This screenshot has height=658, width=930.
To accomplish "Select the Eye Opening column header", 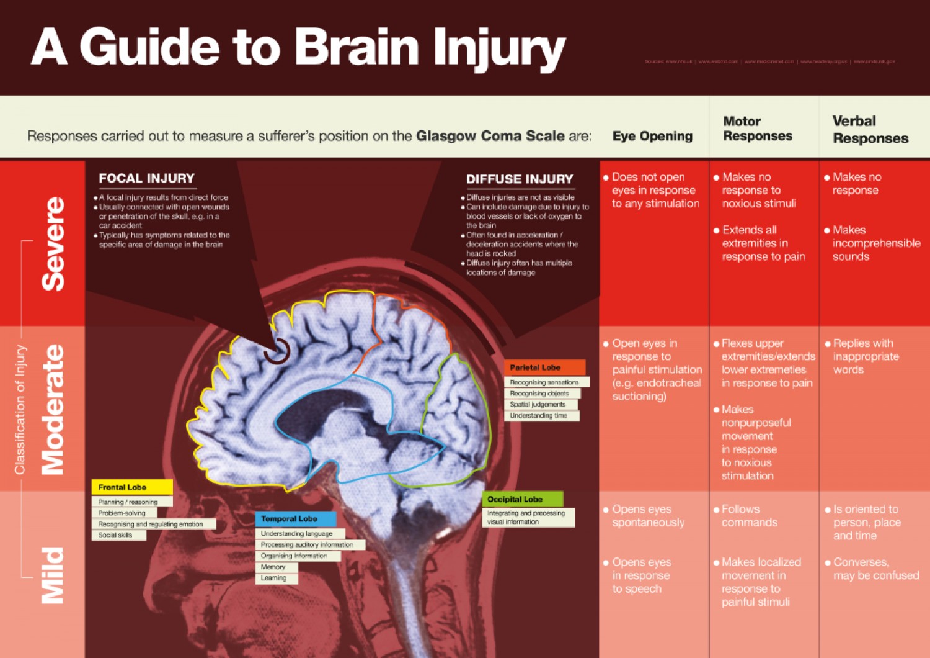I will (652, 136).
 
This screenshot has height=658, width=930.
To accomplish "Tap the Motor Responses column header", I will (757, 128).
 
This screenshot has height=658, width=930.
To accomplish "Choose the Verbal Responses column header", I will (870, 130).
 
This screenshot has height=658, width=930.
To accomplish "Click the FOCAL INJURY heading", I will (146, 179).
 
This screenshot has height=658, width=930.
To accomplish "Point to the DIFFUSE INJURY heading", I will (520, 179).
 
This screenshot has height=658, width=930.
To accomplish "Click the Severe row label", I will (53, 243).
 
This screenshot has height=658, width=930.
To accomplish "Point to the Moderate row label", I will (53, 409).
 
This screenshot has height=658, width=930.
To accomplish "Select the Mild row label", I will (53, 575).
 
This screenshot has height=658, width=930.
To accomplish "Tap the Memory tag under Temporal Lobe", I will (273, 567).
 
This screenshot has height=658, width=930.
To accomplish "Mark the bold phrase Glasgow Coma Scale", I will (490, 136).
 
